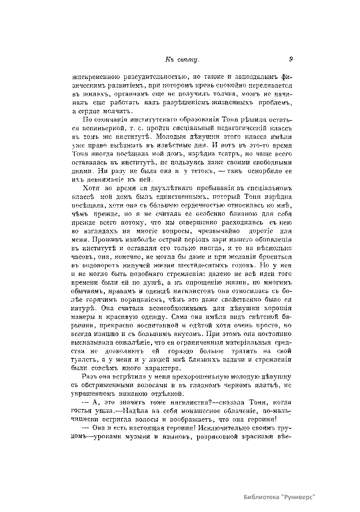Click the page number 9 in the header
point(291,59)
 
